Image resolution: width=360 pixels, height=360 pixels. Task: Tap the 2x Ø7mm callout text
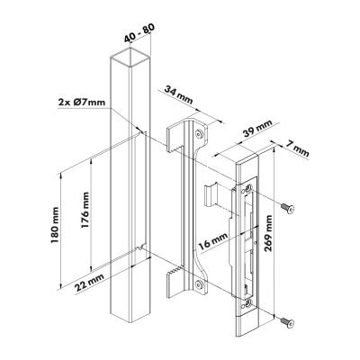pos(82,103)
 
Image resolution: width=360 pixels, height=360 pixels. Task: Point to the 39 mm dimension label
pos(257,129)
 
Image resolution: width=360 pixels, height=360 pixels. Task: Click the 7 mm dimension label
pos(296,148)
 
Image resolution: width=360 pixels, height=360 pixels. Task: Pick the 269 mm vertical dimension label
pos(268,233)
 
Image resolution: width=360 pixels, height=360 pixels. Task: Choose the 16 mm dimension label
pos(213,242)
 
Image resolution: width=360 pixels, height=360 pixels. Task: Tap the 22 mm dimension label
pos(89,283)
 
